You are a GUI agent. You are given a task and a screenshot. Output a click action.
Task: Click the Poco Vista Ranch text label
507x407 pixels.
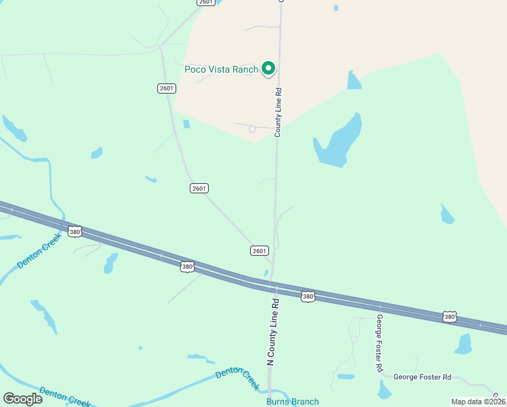(x=222, y=69)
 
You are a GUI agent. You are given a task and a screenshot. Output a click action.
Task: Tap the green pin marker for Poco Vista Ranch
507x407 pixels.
(x=268, y=68)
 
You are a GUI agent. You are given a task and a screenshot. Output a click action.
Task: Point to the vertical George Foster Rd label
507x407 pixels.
(x=380, y=343)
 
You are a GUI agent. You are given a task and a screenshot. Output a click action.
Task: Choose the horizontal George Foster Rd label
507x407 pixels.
(x=422, y=376)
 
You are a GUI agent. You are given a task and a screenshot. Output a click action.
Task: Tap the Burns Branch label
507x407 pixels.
(x=292, y=401)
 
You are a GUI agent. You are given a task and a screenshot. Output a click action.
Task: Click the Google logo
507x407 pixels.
(x=22, y=399)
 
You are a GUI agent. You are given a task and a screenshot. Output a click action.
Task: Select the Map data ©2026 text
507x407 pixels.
(x=478, y=402)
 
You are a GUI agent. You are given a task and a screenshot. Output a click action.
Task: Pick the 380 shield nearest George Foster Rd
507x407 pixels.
(x=449, y=317)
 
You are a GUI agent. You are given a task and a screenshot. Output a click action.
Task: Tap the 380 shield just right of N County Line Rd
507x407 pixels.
(x=308, y=296)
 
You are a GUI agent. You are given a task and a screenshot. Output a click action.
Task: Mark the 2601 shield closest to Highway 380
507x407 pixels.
(x=260, y=250)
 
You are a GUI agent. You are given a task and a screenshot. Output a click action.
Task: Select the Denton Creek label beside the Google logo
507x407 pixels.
(x=64, y=396)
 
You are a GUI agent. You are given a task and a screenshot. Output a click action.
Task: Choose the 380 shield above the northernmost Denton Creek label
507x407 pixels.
(x=75, y=232)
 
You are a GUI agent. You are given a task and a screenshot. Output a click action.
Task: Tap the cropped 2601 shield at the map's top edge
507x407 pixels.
(x=207, y=3)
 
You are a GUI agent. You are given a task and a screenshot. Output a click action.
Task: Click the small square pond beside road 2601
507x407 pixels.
(x=186, y=124)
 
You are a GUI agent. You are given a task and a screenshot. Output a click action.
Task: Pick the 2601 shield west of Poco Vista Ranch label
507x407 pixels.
(x=166, y=88)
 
